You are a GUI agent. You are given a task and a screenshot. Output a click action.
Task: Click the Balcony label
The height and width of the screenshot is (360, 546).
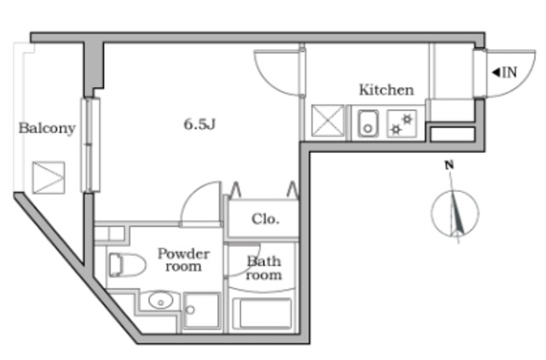[47, 128]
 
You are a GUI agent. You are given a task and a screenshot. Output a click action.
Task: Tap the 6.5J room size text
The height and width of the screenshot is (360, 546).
[200, 124]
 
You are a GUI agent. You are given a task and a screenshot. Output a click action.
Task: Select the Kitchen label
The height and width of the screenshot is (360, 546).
[386, 90]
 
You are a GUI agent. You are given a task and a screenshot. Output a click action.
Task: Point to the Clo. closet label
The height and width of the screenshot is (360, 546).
[265, 219]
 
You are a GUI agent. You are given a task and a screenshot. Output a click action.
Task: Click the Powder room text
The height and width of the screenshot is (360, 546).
[183, 260]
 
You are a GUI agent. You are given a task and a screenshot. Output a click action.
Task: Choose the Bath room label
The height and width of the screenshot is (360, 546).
[264, 268]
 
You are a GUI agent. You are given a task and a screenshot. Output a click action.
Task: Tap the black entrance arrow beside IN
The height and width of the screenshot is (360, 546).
[496, 73]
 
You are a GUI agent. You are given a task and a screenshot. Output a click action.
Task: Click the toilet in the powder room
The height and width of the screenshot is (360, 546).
[127, 265]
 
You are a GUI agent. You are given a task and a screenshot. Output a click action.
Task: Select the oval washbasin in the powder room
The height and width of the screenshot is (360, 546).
[160, 300]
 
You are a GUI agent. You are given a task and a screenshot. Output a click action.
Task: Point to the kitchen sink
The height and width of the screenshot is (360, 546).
[368, 124]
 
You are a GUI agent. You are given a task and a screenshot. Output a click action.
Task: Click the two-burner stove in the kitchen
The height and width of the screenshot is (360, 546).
[402, 124]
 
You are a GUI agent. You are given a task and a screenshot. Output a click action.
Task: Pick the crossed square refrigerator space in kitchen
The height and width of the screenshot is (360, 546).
[328, 121]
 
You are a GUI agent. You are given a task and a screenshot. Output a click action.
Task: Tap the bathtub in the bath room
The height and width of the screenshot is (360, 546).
[262, 313]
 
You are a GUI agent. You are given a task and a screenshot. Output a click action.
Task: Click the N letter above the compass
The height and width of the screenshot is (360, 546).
[450, 165]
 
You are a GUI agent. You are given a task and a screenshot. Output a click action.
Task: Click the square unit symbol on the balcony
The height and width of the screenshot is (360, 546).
[49, 177]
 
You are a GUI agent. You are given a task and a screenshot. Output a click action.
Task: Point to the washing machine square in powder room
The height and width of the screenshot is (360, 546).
[201, 311]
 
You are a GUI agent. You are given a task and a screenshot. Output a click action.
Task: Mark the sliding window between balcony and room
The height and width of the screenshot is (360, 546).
[90, 145]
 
